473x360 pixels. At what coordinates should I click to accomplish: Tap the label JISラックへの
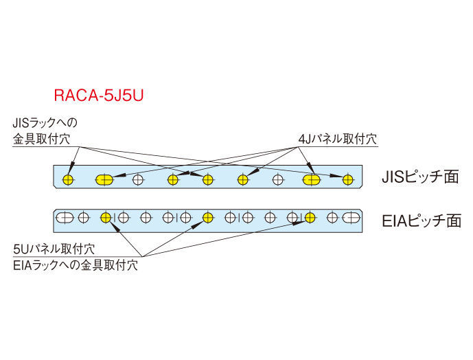pyautogui.click(x=45, y=124)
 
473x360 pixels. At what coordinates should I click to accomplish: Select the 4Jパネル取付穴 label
pyautogui.click(x=338, y=139)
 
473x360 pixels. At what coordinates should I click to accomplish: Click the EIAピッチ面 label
pyautogui.click(x=421, y=221)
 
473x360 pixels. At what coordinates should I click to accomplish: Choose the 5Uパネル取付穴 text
pyautogui.click(x=54, y=249)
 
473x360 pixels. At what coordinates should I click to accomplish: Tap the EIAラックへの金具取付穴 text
pyautogui.click(x=75, y=265)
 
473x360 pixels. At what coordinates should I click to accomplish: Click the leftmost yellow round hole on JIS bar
pyautogui.click(x=68, y=180)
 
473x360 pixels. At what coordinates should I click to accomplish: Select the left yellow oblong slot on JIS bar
pyautogui.click(x=105, y=180)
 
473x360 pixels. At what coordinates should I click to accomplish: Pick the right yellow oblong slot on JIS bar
pyautogui.click(x=312, y=180)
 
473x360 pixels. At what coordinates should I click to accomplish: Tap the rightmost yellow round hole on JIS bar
pyautogui.click(x=348, y=180)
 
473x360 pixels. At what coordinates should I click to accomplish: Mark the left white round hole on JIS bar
pyautogui.click(x=139, y=180)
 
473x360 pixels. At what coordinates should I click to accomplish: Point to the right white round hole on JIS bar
pyautogui.click(x=279, y=180)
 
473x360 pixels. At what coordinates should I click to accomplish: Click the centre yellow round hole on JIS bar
pyautogui.click(x=207, y=180)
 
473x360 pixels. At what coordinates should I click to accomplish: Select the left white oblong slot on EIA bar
pyautogui.click(x=65, y=218)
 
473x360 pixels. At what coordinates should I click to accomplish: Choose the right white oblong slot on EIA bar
pyautogui.click(x=351, y=218)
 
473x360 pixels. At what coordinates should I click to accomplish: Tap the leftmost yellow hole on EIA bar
pyautogui.click(x=106, y=218)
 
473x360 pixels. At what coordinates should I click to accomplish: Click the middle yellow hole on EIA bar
pyautogui.click(x=208, y=218)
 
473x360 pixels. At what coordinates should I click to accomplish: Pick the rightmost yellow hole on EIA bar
pyautogui.click(x=310, y=218)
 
